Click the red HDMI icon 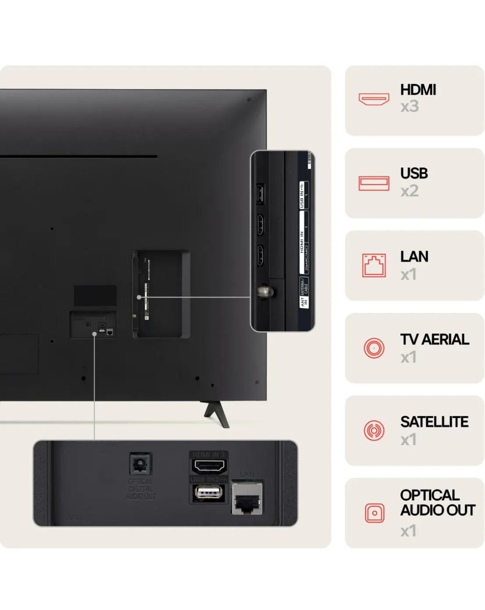pos(374,99)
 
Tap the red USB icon pos(374,183)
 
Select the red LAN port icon pos(374,265)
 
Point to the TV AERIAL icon pos(374,348)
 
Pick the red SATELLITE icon pos(374,431)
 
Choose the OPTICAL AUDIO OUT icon pos(374,513)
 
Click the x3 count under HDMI pos(409,107)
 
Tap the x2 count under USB pos(409,191)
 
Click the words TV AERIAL pos(434,339)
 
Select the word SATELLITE pos(434,422)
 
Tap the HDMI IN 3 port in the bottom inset pos(209,466)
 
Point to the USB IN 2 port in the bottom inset pos(209,493)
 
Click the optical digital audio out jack pos(140,464)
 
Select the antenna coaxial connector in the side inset pos(265,291)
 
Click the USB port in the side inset pos(260,194)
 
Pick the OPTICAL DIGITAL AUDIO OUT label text pos(140,489)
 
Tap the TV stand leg pos(217,413)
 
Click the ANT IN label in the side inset pos(303,301)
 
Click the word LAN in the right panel pos(414,257)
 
